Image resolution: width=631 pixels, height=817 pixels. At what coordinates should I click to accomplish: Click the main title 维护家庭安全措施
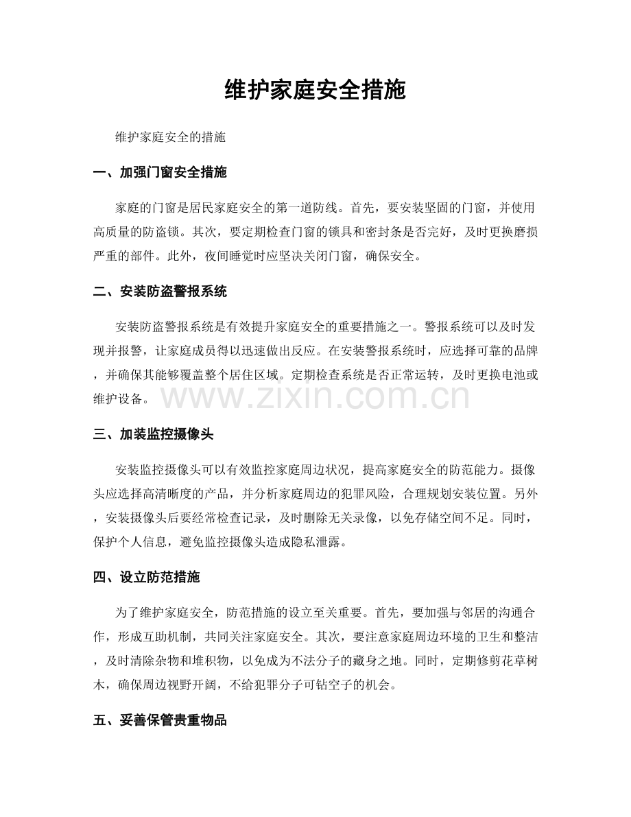coord(315,90)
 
